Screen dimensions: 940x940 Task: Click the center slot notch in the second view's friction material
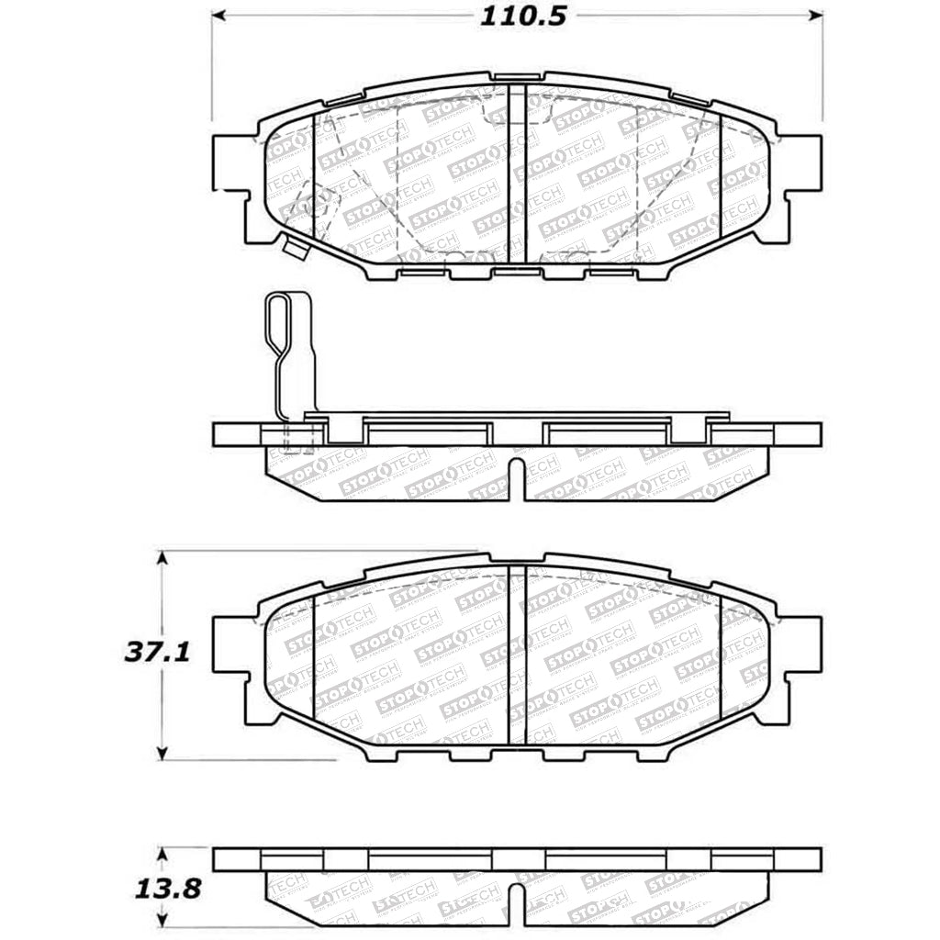point(516,477)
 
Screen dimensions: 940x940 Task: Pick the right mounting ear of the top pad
point(803,165)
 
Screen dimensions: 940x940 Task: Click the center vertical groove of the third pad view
point(517,656)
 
